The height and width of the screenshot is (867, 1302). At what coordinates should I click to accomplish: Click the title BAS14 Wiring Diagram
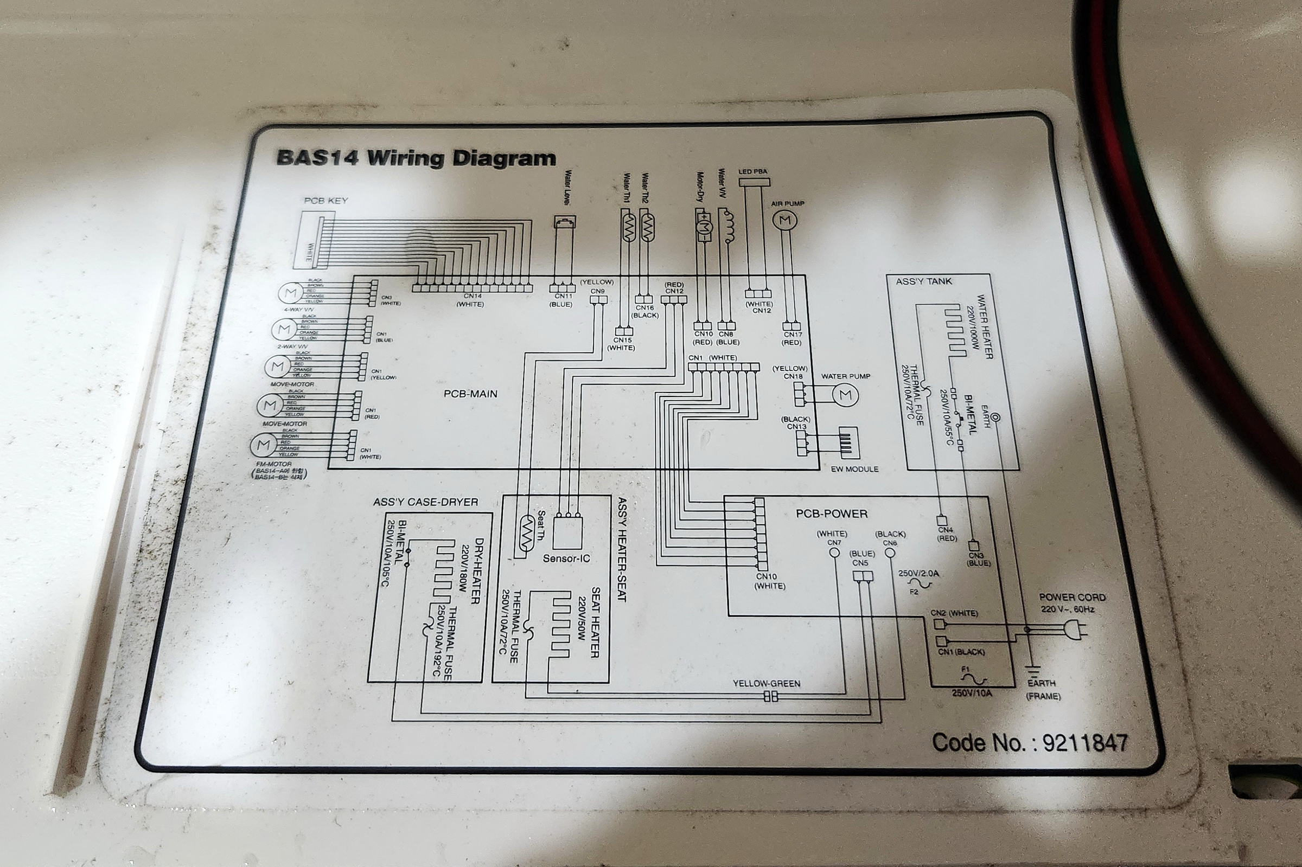pyautogui.click(x=416, y=158)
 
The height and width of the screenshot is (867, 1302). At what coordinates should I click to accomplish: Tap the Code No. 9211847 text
pyautogui.click(x=1029, y=743)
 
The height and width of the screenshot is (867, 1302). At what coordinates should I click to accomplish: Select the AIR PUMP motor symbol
pyautogui.click(x=785, y=221)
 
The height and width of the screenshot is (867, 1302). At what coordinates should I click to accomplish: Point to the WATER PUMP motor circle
pyautogui.click(x=845, y=395)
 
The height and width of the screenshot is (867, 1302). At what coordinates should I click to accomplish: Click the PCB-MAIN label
pyautogui.click(x=470, y=394)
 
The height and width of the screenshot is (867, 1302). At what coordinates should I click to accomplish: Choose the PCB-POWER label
pyautogui.click(x=831, y=513)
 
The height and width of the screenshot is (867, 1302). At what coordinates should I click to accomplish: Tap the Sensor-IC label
pyautogui.click(x=566, y=558)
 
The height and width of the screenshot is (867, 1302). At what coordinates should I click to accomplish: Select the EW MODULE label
pyautogui.click(x=854, y=469)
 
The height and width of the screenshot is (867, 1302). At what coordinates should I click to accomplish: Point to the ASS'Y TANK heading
pyautogui.click(x=924, y=281)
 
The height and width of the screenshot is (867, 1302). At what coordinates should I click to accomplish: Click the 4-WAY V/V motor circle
pyautogui.click(x=290, y=292)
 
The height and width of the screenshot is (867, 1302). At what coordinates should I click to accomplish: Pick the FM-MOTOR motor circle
pyautogui.click(x=264, y=445)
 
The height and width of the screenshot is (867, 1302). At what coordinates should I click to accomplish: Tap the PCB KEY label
pyautogui.click(x=326, y=200)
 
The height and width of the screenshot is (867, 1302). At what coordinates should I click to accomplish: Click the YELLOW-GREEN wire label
pyautogui.click(x=766, y=683)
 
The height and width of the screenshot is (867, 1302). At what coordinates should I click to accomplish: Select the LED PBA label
pyautogui.click(x=753, y=172)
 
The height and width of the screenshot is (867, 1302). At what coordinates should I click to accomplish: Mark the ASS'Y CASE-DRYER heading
pyautogui.click(x=425, y=502)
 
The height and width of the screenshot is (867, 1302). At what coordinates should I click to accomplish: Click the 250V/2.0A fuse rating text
pyautogui.click(x=918, y=574)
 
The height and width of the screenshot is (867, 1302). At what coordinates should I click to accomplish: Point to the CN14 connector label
pyautogui.click(x=473, y=296)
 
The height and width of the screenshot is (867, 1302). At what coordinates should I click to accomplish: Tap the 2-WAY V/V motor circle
pyautogui.click(x=284, y=330)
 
